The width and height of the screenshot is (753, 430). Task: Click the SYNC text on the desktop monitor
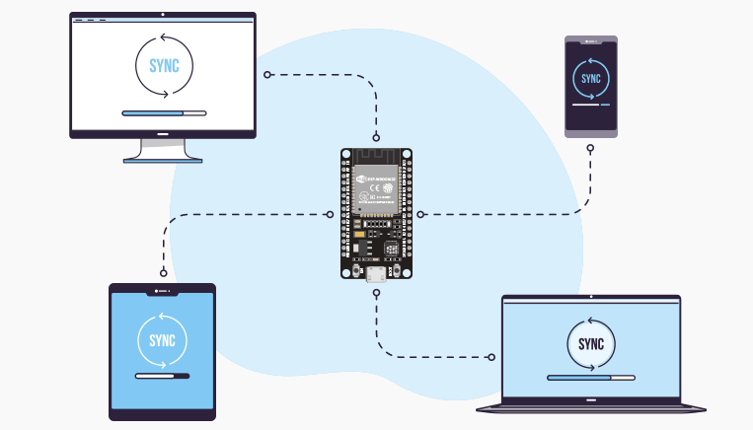[x=164, y=66]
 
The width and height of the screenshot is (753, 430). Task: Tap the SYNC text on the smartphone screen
[x=591, y=78]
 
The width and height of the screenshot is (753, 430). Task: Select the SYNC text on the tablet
[x=162, y=341]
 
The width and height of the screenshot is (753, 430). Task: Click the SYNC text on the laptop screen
[x=591, y=344]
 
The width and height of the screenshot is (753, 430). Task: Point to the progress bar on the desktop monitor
[x=164, y=113]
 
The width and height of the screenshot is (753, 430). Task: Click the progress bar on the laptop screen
[x=591, y=377]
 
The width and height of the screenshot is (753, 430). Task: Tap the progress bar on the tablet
[x=162, y=376]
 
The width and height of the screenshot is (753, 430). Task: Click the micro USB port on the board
[x=376, y=273]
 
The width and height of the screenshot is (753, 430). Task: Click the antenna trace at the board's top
[x=376, y=158]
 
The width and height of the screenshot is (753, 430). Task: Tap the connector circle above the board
[x=376, y=137]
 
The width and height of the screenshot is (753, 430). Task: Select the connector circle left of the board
[x=330, y=213]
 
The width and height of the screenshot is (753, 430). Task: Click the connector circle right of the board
[x=420, y=213]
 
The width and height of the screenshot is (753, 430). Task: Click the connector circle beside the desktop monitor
[x=267, y=74]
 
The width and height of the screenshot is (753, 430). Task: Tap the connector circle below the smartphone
[x=590, y=149]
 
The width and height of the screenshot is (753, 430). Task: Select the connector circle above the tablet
[x=163, y=272]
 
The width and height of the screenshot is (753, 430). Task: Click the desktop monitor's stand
[x=164, y=150]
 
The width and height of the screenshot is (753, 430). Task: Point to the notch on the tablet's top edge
[x=162, y=291]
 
